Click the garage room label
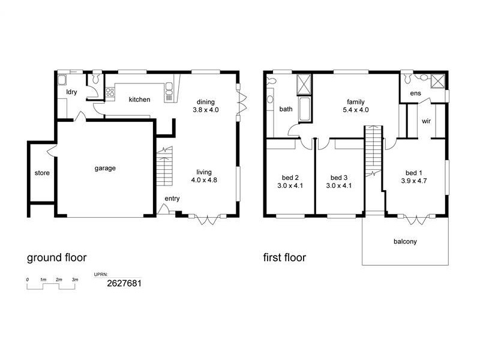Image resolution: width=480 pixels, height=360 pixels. tap(104, 168)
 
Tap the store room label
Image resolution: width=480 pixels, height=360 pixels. tap(42, 173)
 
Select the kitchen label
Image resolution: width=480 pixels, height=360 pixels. tap(139, 100)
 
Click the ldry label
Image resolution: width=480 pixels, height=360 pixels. tap(71, 92)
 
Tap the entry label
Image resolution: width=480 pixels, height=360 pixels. tap(172, 199)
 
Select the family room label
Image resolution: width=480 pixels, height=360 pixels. tap(355, 102)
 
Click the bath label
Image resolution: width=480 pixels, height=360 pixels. tap(286, 109)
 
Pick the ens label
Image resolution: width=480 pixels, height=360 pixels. tap(415, 94)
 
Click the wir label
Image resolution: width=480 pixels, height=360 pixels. tap(427, 121)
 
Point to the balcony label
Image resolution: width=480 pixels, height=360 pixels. tap(405, 242)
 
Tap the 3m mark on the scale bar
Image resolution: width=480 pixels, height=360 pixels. tap(74, 280)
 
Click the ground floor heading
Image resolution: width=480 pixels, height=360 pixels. tap(57, 258)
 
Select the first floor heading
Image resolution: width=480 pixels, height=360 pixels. tap(284, 258)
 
